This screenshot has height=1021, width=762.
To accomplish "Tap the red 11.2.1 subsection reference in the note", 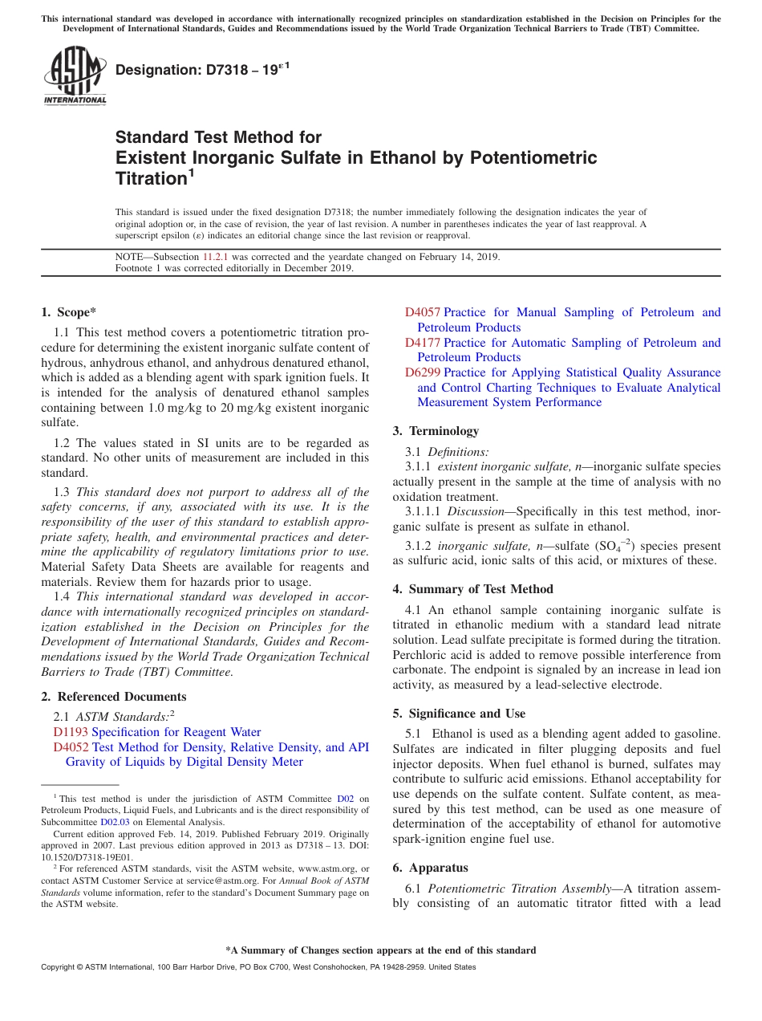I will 216,257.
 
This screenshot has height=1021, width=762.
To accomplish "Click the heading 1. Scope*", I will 69,312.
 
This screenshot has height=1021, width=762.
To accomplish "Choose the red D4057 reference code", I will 423,312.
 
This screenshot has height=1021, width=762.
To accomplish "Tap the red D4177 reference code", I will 423,343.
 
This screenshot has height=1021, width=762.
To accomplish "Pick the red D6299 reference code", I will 423,372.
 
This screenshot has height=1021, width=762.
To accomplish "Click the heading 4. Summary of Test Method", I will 472,589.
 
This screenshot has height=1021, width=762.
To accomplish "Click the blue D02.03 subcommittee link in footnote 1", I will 115,822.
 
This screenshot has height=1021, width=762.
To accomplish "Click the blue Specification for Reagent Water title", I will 176,732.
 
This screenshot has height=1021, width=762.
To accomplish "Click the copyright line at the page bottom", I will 257,967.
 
